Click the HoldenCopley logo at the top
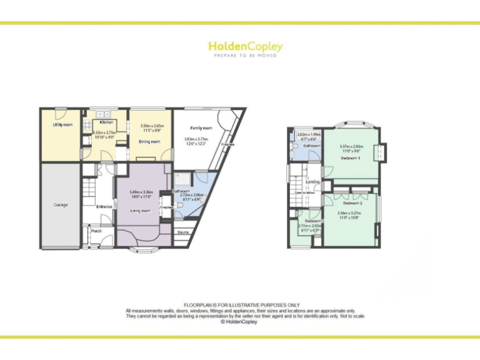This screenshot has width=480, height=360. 245,47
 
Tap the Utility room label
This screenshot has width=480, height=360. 62,125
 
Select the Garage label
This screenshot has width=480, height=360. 61,204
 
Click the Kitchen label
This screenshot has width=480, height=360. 106,122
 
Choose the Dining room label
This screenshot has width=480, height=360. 149,142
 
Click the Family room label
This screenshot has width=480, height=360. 201,128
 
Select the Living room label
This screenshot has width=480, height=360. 141,211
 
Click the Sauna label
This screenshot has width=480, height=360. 183,232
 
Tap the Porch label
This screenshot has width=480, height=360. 97,231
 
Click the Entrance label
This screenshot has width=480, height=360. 104,206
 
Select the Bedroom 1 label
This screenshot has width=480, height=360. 350,158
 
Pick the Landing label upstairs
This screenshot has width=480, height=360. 312,182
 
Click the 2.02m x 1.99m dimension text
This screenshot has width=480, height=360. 309,134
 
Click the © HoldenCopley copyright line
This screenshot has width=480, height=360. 240,322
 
